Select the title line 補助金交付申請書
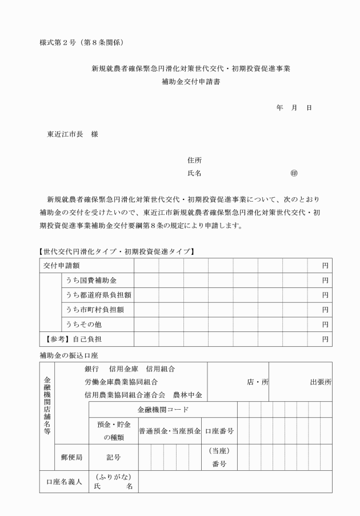pyautogui.click(x=191, y=82)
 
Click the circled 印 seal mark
pyautogui.click(x=294, y=173)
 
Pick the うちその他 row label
pyautogui.click(x=83, y=325)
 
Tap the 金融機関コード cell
pyautogui.click(x=163, y=410)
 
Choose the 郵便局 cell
pyautogui.click(x=72, y=457)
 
